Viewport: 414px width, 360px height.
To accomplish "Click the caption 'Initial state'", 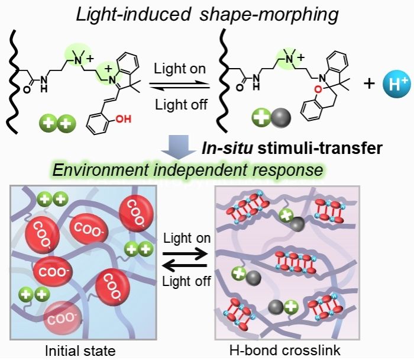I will pos(82,350).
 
